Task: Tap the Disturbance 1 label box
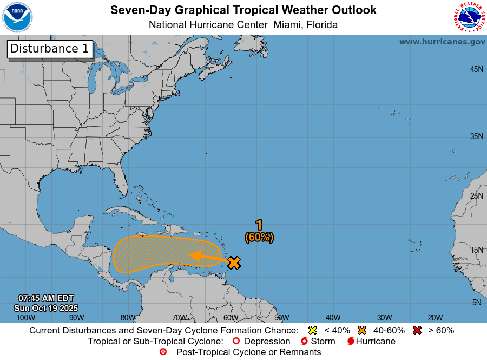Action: pyautogui.click(x=50, y=49)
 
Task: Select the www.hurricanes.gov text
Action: pyautogui.click(x=442, y=42)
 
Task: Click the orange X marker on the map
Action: pyautogui.click(x=234, y=263)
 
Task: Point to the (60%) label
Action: pyautogui.click(x=259, y=237)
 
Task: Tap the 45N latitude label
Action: pyautogui.click(x=476, y=69)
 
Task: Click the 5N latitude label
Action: pyautogui.click(x=477, y=303)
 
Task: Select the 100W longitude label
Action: pyautogui.click(x=25, y=318)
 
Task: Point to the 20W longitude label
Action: pyautogui.click(x=436, y=318)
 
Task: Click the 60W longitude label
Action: pyautogui.click(x=231, y=318)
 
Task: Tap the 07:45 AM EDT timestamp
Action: pyautogui.click(x=46, y=298)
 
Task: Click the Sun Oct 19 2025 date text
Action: pyautogui.click(x=46, y=307)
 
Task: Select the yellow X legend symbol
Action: pyautogui.click(x=312, y=330)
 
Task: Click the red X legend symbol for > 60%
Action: pyautogui.click(x=417, y=330)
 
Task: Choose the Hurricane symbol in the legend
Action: pyautogui.click(x=351, y=342)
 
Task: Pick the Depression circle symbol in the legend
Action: pyautogui.click(x=235, y=342)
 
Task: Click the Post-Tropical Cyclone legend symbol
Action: pyautogui.click(x=163, y=352)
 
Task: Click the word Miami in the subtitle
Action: pyautogui.click(x=287, y=25)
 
